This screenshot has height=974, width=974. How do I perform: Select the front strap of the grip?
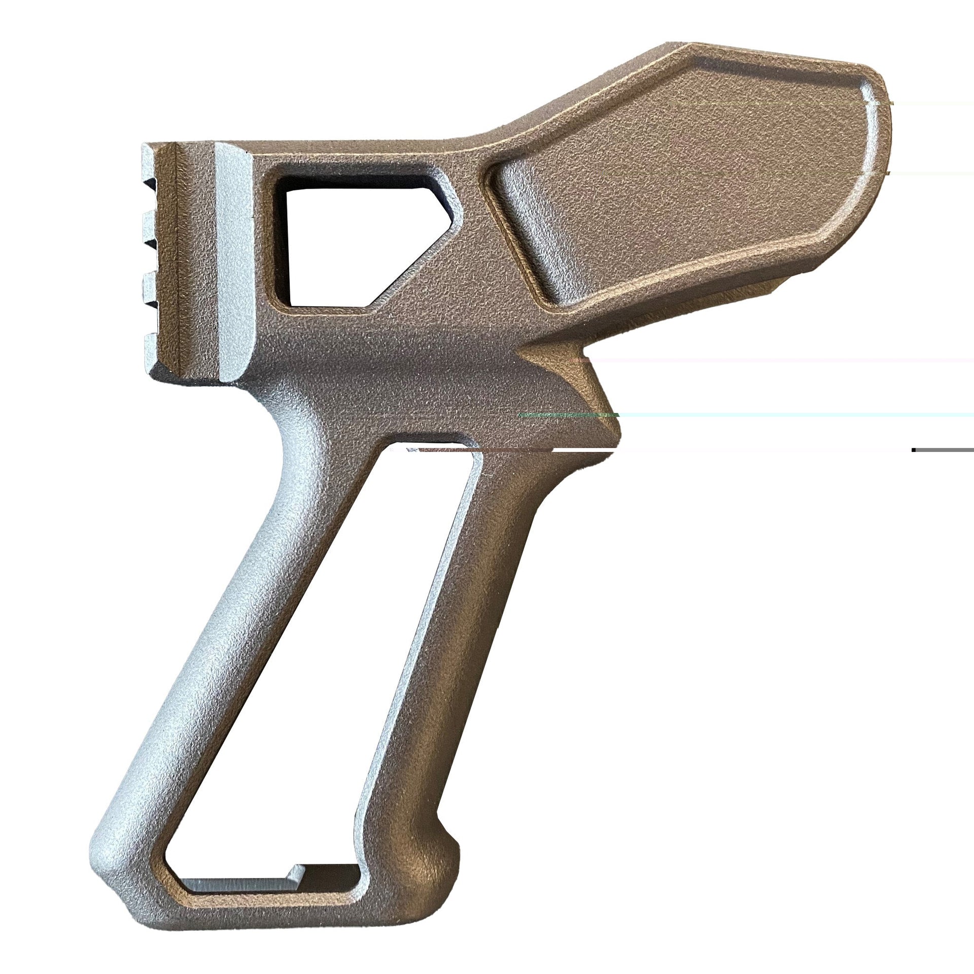tap(203, 659)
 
